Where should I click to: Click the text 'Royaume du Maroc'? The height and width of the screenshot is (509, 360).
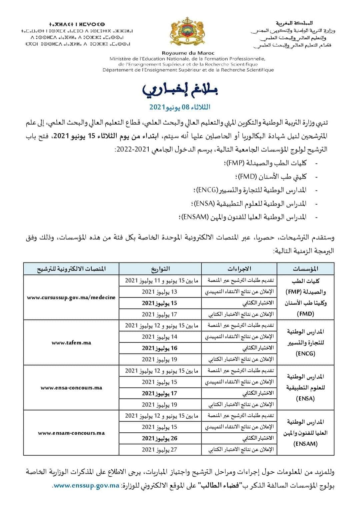coord(188,53)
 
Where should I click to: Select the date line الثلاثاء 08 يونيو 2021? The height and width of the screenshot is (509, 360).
coord(180,107)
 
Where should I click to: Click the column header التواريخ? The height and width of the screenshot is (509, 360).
coord(160,268)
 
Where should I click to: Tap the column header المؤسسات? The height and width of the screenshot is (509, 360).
coord(305,268)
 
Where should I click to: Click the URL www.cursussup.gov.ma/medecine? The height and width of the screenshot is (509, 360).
coord(71,297)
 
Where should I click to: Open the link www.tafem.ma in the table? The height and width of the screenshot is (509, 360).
coord(71,342)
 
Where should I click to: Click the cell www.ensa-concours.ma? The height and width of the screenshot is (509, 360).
coord(71,388)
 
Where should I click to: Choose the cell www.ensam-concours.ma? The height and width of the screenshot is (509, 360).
coord(71,433)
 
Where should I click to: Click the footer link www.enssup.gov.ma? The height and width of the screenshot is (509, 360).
coord(86,486)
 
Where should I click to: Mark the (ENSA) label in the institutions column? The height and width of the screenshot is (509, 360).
coord(305,398)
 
